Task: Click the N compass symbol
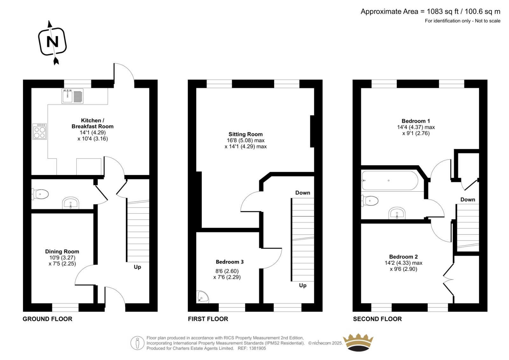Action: (52, 42)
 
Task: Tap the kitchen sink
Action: (73, 96)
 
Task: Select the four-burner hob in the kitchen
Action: (39, 131)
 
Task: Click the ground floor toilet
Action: (40, 194)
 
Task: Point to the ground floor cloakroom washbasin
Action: (71, 203)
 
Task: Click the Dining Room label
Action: (62, 251)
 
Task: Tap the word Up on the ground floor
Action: (137, 267)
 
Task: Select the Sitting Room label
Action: (245, 134)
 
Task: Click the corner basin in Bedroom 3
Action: (203, 296)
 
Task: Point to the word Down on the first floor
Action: (303, 193)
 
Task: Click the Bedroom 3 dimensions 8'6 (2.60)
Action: (227, 271)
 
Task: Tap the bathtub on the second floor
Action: (390, 180)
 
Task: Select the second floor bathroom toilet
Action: (370, 201)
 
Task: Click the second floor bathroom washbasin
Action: (397, 213)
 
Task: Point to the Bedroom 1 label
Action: (415, 121)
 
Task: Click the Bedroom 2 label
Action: (403, 257)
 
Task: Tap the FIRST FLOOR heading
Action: (208, 319)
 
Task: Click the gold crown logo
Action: (358, 342)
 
